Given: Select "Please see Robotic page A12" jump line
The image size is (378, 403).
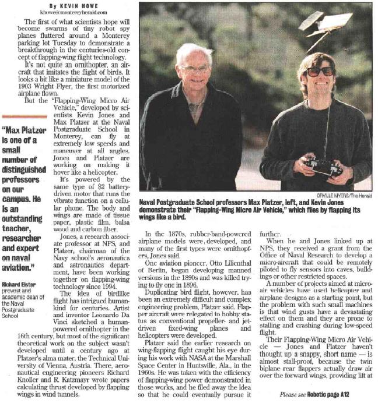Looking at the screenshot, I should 328,394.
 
